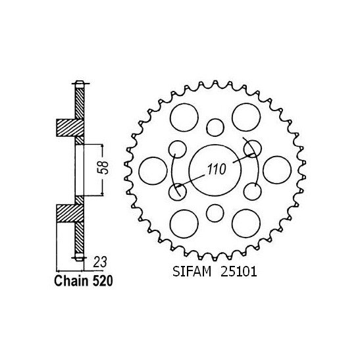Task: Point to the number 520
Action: tap(101, 280)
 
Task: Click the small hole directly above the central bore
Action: tap(215, 126)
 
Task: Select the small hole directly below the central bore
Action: tap(215, 212)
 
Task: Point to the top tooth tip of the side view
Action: tap(80, 83)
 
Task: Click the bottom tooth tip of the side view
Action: tap(80, 257)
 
